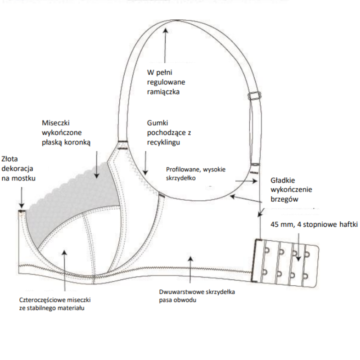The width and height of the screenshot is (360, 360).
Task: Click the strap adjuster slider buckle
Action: point(255,95)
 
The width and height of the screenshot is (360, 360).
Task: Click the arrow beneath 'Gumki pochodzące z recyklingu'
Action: point(145,162)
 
